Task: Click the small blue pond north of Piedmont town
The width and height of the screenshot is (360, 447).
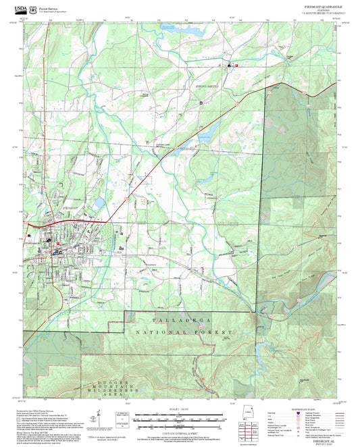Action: click(x=99, y=201)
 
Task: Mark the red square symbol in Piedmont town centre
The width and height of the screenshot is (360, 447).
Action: click(x=58, y=243)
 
